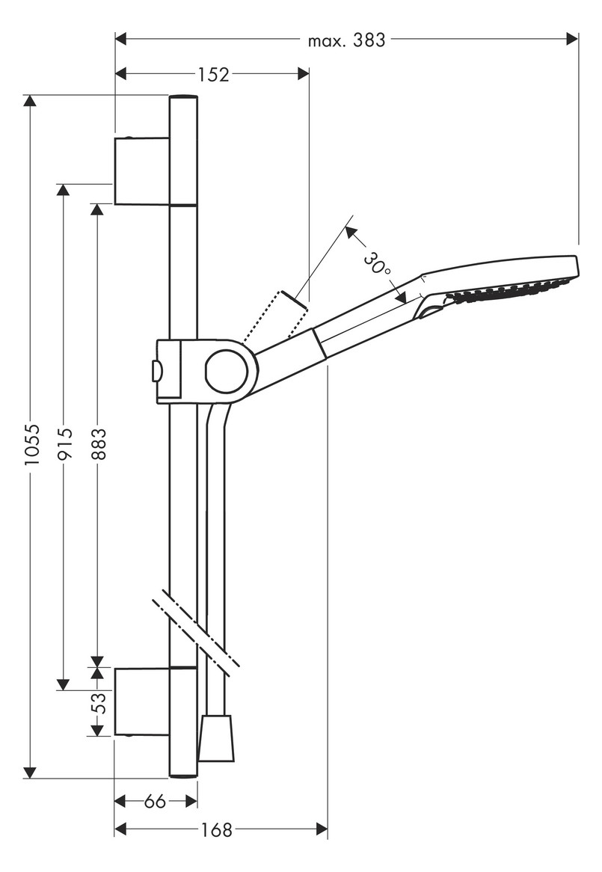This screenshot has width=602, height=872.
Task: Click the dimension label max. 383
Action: click(346, 40)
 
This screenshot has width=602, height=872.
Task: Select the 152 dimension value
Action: click(213, 74)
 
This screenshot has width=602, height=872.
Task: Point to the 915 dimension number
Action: click(64, 446)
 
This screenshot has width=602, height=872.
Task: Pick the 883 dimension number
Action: click(97, 446)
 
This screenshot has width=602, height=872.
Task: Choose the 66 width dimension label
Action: click(154, 802)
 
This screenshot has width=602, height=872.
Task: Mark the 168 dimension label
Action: click(217, 829)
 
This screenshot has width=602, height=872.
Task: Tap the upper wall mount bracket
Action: click(141, 170)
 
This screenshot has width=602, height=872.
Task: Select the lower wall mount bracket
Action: click(141, 702)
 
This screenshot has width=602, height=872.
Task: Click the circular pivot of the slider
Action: click(226, 372)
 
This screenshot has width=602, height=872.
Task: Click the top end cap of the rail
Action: click(183, 97)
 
